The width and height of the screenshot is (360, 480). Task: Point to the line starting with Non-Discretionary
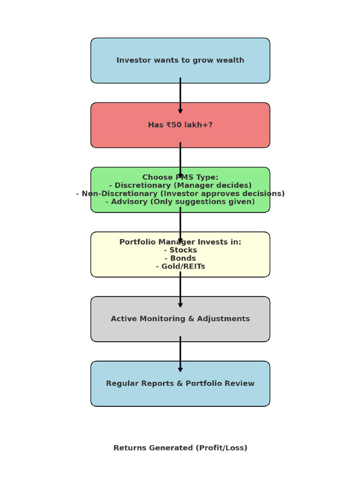(180, 194)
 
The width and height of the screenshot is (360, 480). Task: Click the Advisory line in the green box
(180, 202)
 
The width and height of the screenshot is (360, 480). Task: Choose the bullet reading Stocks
(180, 250)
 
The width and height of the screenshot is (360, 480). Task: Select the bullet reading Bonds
(180, 258)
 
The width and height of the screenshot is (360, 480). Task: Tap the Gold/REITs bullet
(180, 267)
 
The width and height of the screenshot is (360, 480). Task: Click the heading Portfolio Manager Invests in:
(180, 242)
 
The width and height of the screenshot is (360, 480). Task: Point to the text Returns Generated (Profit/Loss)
(180, 448)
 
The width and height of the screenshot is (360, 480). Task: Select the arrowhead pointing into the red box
(180, 111)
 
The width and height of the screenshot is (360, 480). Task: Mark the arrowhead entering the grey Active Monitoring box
(180, 305)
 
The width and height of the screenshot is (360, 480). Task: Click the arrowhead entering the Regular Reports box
(180, 369)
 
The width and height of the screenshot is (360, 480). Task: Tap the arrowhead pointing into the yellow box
(180, 240)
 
